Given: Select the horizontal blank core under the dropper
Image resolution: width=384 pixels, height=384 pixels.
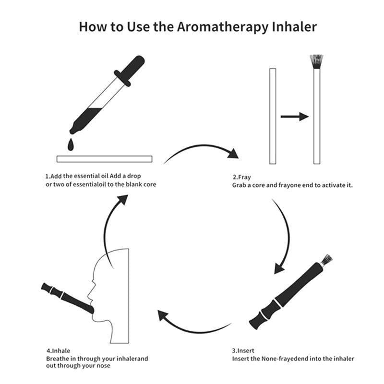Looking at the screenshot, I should pyautogui.click(x=104, y=159).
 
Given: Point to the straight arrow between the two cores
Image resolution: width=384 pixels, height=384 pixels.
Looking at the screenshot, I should pyautogui.click(x=294, y=116).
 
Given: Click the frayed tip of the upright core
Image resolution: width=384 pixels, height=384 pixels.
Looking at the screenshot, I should pyautogui.click(x=316, y=62).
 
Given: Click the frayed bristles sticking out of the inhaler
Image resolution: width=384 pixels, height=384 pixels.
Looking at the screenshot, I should pyautogui.click(x=326, y=260).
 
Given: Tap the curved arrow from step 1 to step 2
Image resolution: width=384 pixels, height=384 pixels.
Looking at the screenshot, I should pyautogui.click(x=202, y=150).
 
